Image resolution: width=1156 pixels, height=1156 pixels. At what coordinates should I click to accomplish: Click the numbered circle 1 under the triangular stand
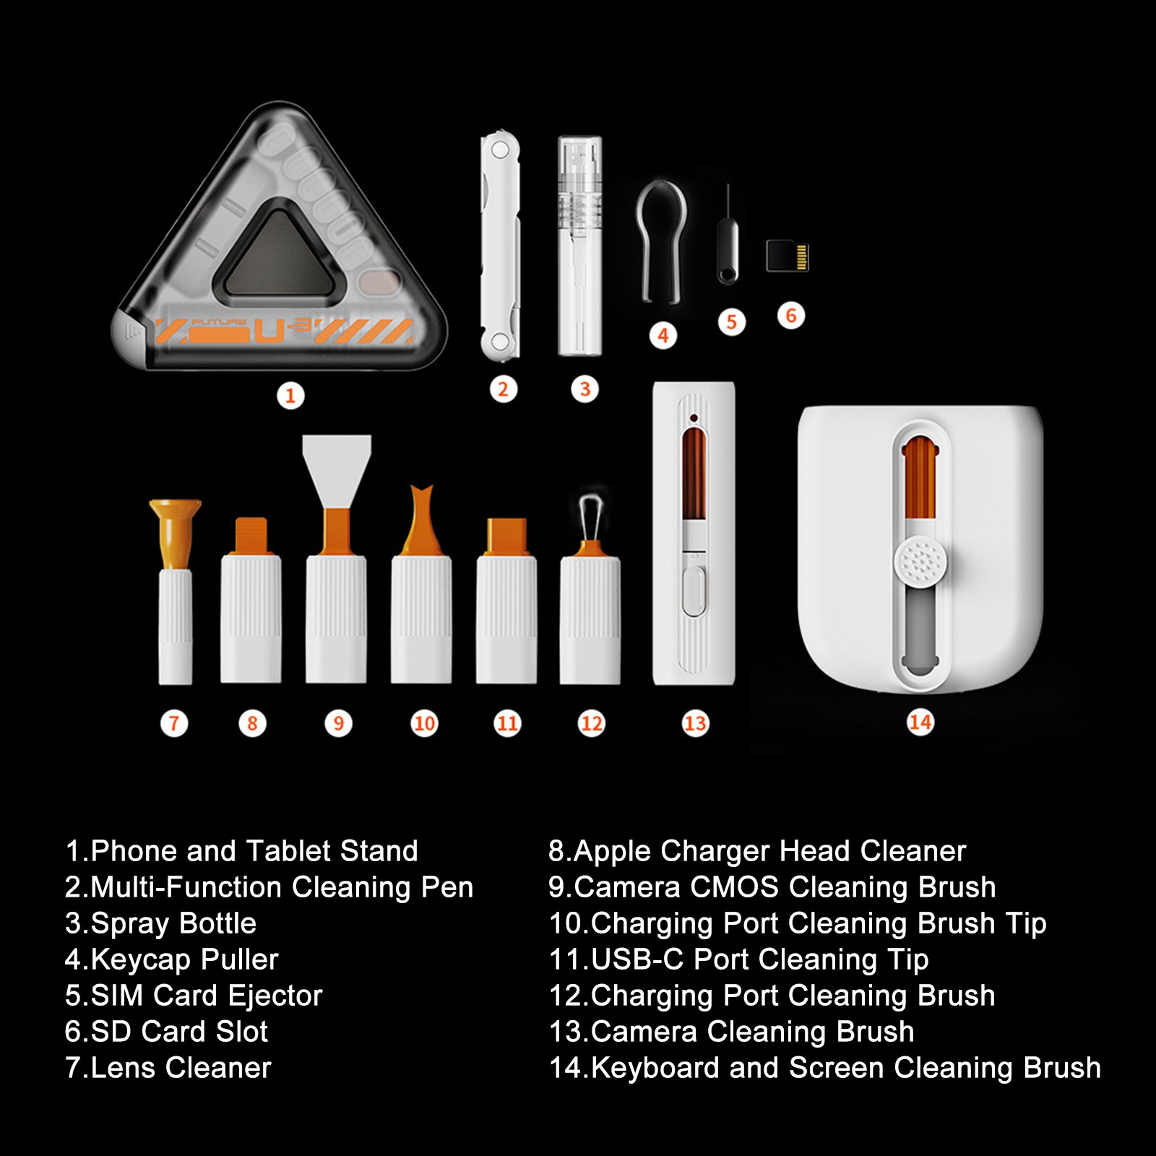290,395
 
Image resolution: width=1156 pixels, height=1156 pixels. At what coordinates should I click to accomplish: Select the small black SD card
788,256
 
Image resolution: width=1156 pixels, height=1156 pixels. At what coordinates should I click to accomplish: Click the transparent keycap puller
660,242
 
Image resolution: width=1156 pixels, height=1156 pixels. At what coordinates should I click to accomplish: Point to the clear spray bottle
579,246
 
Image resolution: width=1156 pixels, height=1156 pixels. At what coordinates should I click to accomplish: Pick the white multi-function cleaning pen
500,246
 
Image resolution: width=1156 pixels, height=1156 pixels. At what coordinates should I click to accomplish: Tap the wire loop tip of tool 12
591,517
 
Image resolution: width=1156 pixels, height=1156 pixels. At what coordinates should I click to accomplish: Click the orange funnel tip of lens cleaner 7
175,533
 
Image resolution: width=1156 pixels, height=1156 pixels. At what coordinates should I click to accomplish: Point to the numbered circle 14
920,722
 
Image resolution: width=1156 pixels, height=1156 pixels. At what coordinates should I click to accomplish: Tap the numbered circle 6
791,316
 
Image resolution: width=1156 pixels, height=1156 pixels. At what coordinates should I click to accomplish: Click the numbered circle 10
424,723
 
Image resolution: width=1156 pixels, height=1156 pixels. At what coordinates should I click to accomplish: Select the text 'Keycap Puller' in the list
184,959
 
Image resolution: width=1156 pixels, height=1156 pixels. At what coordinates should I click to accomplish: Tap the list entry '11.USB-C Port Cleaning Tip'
738,959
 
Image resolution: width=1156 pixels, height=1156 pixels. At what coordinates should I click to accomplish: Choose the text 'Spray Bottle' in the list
173,923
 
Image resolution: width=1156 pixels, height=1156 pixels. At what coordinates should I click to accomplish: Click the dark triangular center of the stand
278,253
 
